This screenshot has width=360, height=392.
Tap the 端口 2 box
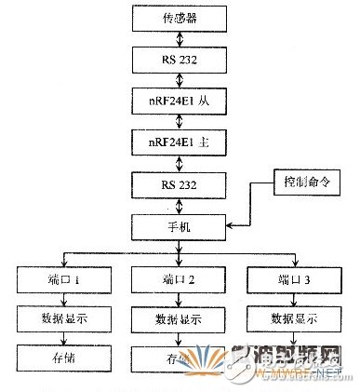point(174,277)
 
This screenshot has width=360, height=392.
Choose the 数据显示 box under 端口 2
point(174,318)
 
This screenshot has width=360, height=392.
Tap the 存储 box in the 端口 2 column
point(174,358)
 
